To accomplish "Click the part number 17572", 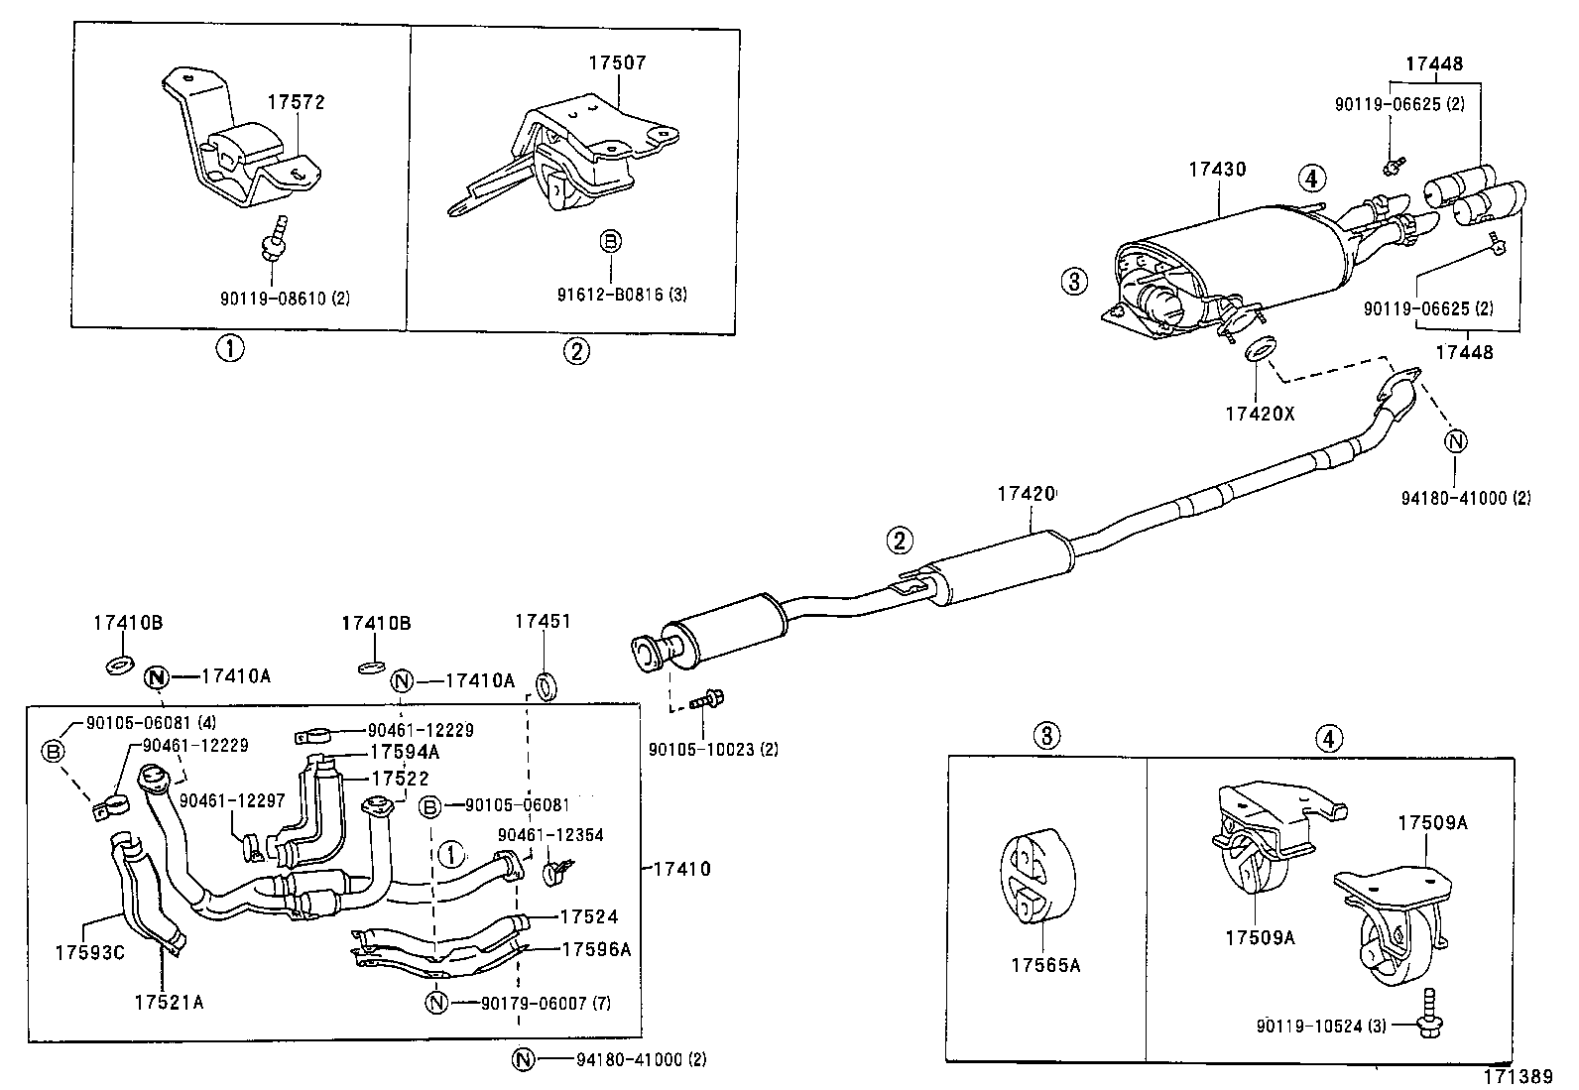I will pos(296,102).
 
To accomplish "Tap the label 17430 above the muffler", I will pos(1217,170).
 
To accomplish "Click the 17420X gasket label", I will pos(1260,414).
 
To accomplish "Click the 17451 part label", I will pos(543,622).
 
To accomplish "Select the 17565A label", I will pos(1045,963).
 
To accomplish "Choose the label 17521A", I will pos(169,1002).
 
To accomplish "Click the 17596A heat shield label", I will pos(595,949).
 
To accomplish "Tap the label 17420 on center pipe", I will pos(1027,493).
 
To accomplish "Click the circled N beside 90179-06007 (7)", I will pos(436,1003).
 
